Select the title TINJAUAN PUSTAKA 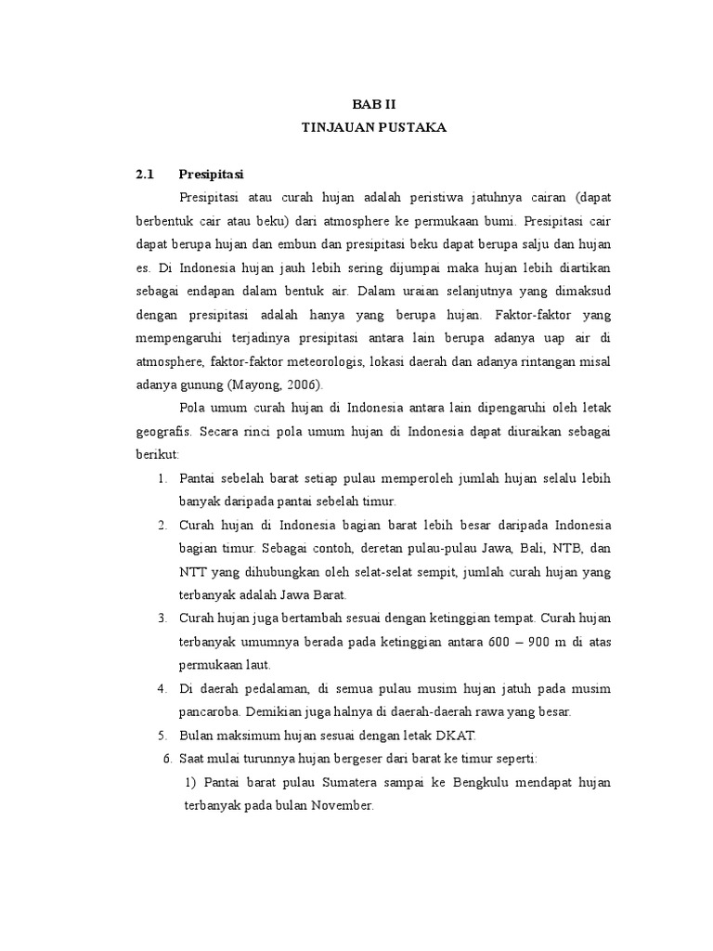(374, 127)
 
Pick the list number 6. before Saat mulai (167, 759)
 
